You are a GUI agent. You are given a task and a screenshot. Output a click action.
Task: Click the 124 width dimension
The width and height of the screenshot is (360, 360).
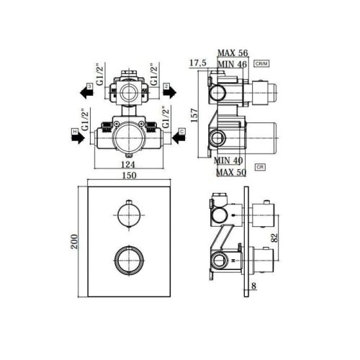[127, 164]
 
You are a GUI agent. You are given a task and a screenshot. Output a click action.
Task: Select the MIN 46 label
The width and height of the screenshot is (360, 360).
[233, 63]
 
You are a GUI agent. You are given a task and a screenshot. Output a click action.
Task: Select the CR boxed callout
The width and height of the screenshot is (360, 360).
[261, 166]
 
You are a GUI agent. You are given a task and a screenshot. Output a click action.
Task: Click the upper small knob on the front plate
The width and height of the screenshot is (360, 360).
[127, 215]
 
